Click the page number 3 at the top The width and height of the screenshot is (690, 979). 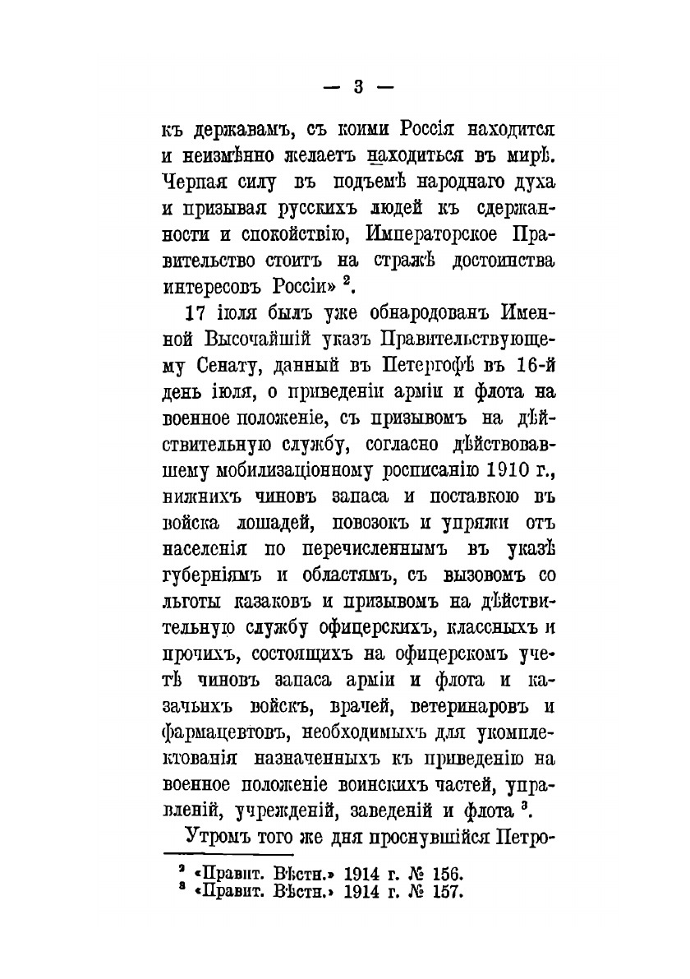[357, 85]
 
